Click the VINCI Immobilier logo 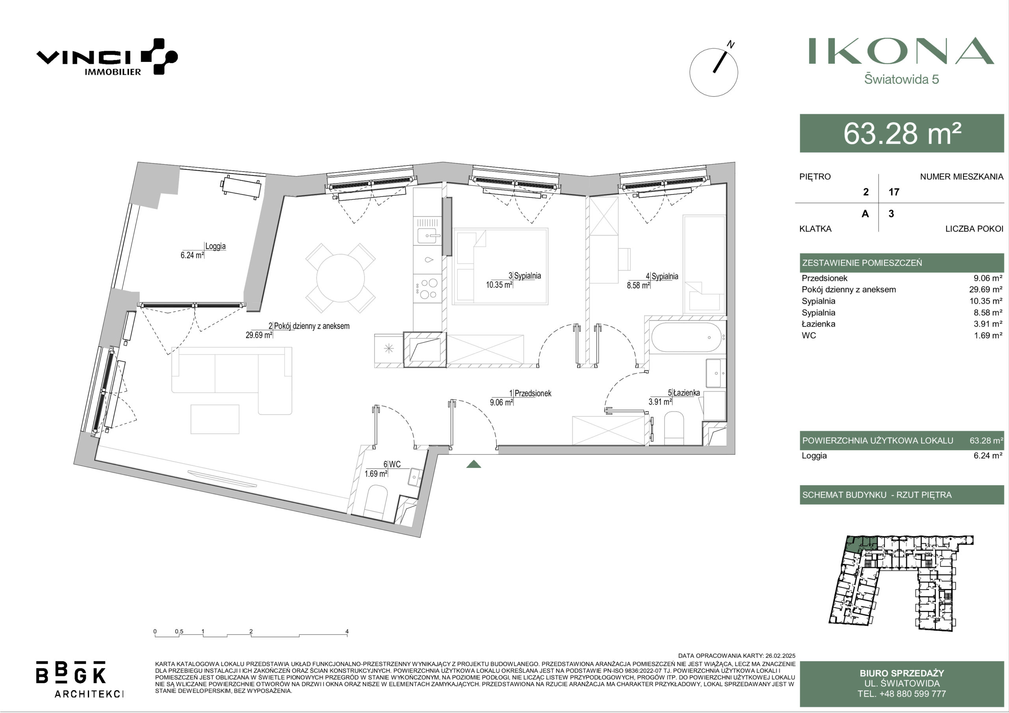click(107, 57)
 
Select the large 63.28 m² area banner click(902, 133)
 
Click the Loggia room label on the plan click(215, 246)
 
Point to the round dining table click(341, 278)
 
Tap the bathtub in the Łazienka click(685, 337)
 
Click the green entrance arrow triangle click(473, 464)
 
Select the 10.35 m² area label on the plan click(499, 285)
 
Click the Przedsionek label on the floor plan click(532, 393)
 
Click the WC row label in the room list click(809, 335)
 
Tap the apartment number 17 click(894, 192)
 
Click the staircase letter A click(865, 214)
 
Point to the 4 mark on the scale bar click(347, 632)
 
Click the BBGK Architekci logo click(80, 679)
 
